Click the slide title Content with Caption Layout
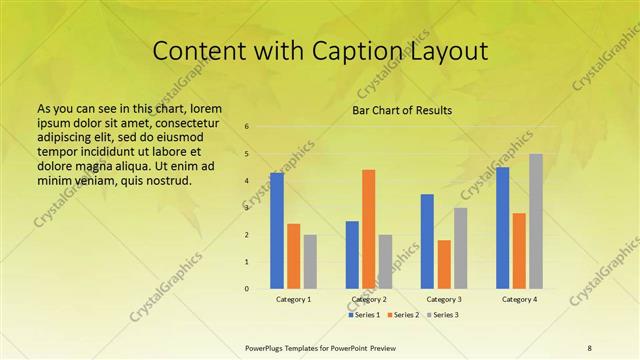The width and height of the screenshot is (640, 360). (x=319, y=52)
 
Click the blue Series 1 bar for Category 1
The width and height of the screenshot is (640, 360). (x=277, y=231)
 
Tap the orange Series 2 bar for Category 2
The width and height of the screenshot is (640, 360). (x=369, y=229)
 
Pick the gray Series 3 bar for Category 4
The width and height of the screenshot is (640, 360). (x=536, y=221)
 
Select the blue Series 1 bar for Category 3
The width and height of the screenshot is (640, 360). (x=427, y=241)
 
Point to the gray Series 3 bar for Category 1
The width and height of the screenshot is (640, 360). (x=310, y=261)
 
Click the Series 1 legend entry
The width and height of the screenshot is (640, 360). (x=365, y=315)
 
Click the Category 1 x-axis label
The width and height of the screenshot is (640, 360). (x=293, y=299)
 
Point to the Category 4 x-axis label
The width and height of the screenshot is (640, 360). (x=519, y=299)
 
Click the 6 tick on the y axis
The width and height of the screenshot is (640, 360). (x=247, y=127)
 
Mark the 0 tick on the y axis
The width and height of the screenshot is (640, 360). (x=247, y=289)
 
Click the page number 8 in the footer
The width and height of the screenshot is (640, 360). (x=589, y=346)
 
